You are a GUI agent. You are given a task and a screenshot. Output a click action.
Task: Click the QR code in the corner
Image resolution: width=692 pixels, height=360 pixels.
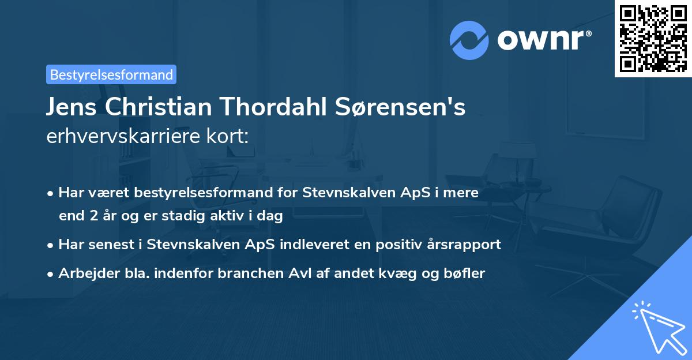coord(653,39)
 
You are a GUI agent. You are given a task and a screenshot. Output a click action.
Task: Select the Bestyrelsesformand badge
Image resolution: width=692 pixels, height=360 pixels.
coord(111,74)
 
